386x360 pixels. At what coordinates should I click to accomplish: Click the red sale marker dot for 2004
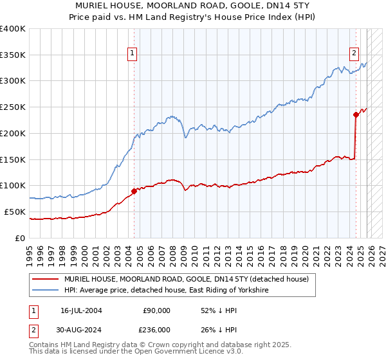tap(134, 190)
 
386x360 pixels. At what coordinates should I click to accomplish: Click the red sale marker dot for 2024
tap(356, 115)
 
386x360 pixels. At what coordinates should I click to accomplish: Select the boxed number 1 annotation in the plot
tap(132, 54)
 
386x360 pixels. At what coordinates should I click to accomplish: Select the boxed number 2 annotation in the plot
tap(354, 54)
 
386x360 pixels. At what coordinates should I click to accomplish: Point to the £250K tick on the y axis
tap(12, 107)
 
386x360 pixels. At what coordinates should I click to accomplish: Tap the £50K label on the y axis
tap(15, 212)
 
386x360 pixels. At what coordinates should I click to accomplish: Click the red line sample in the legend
tap(46, 279)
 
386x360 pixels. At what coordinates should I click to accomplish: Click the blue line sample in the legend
tap(46, 291)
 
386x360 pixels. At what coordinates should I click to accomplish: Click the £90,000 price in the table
tap(156, 310)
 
